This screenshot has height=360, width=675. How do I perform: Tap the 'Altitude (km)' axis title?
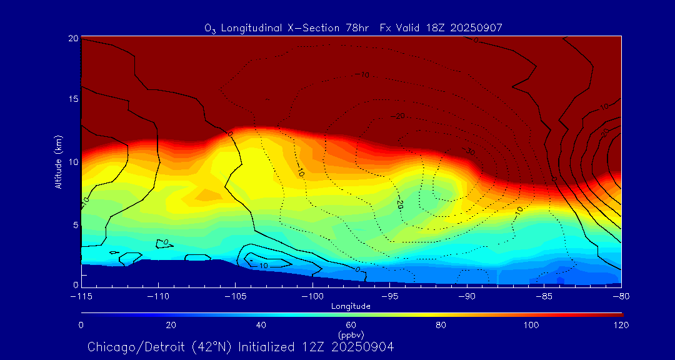58,162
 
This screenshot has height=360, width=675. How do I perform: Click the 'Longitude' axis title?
351,306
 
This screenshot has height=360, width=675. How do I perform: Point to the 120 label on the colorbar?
621,325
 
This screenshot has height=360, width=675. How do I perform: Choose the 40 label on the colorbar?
261,325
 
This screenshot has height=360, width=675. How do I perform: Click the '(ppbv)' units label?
351,334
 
